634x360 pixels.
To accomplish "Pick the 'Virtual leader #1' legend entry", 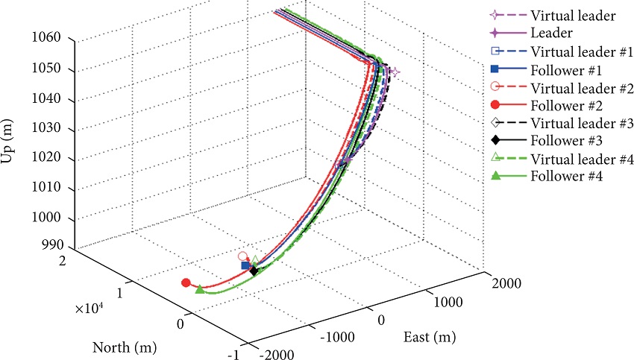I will (574, 51).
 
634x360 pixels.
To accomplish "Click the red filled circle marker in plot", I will (186, 282).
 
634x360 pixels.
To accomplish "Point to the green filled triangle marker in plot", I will (199, 288).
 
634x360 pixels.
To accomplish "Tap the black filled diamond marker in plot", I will (254, 271).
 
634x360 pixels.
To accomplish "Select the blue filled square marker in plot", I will (245, 265).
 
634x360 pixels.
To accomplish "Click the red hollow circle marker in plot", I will (242, 256).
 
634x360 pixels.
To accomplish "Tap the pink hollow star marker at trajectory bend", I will (395, 72).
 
